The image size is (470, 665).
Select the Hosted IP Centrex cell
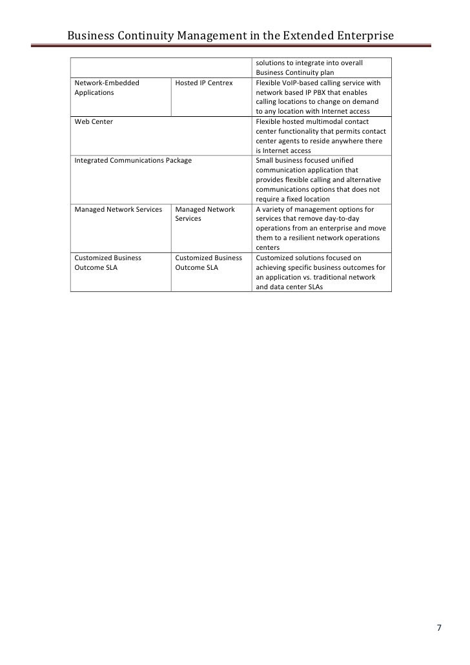tap(203, 83)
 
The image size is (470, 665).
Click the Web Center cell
tap(94, 121)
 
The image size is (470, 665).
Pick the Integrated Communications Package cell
tap(133, 160)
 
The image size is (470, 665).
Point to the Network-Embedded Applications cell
tap(107, 88)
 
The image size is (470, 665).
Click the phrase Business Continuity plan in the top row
tap(294, 74)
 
